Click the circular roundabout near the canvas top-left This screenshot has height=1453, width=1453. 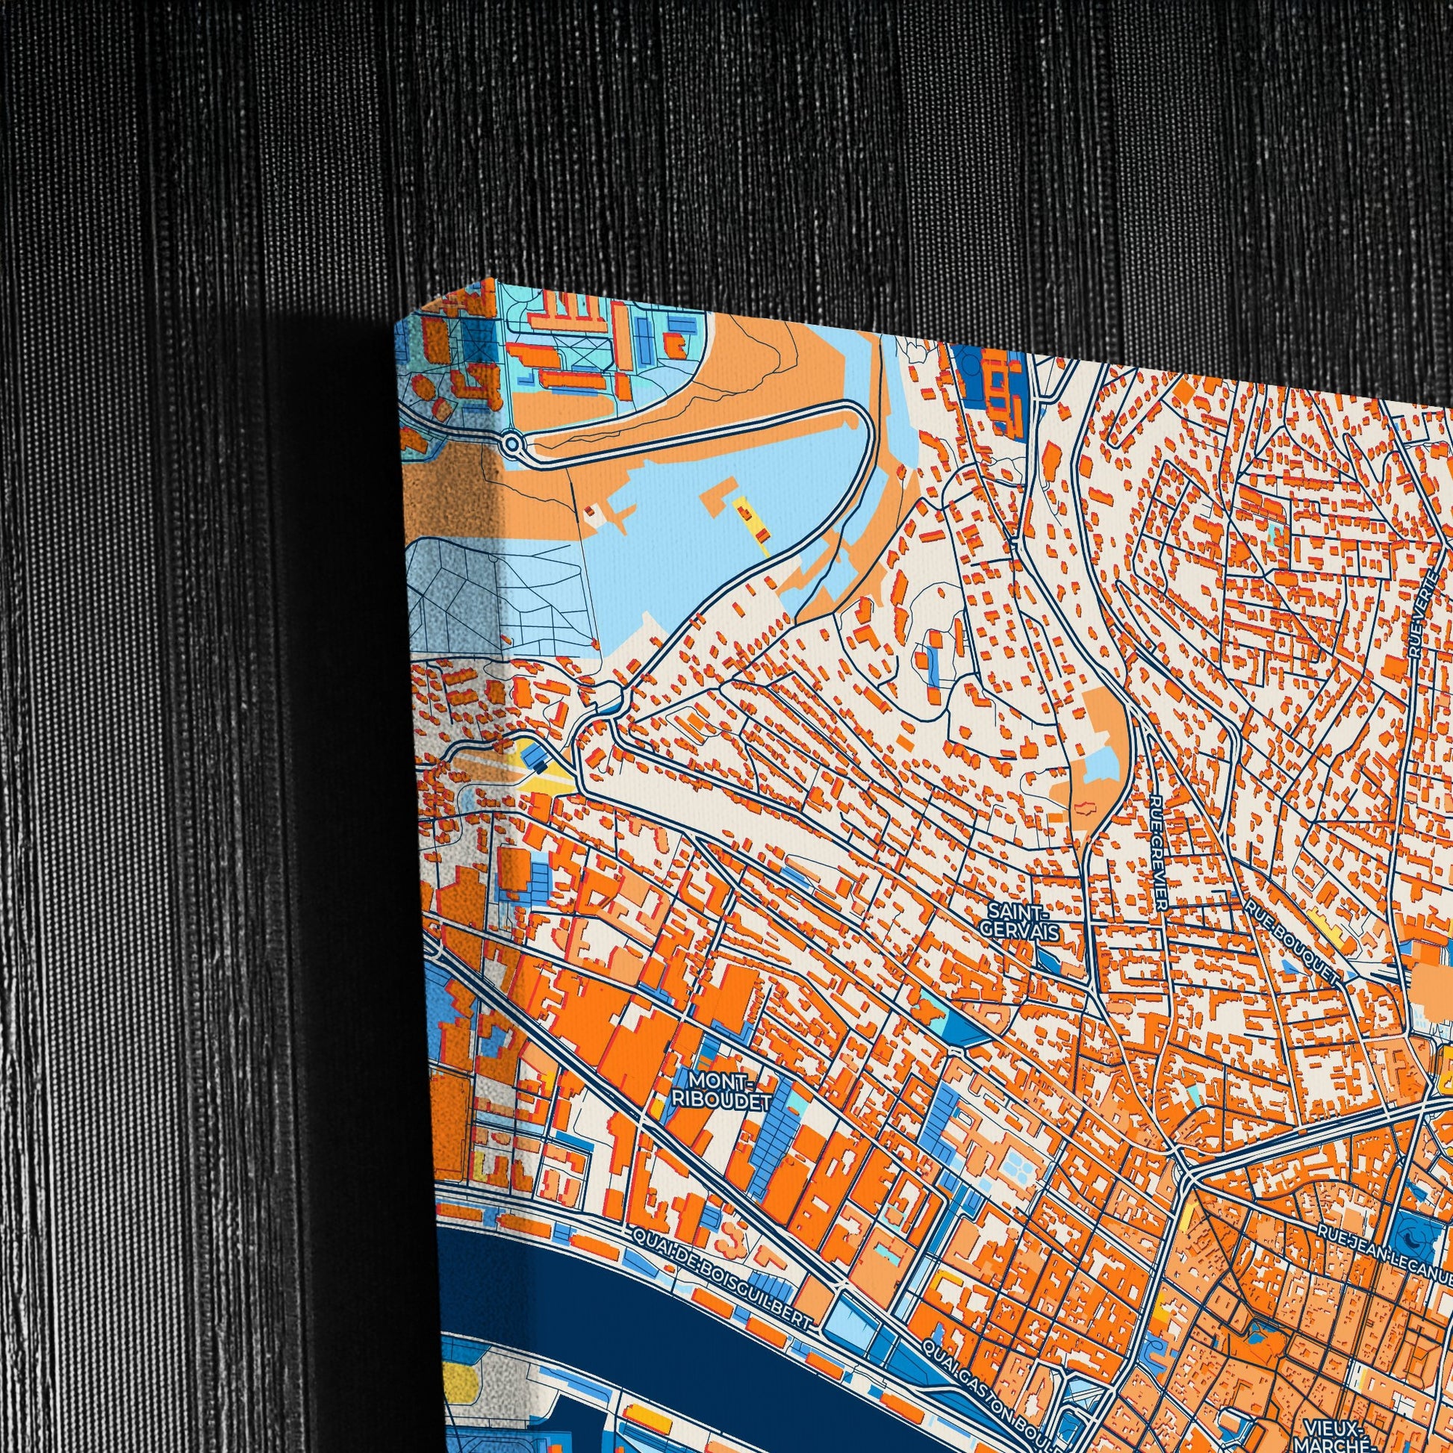[x=513, y=443]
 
